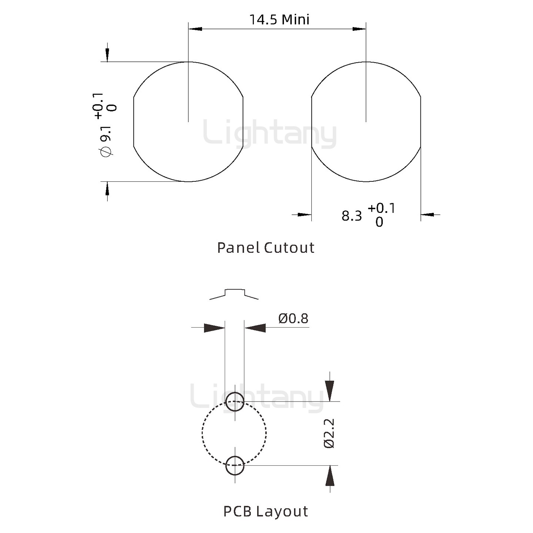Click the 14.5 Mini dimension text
(279, 19)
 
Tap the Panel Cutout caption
(266, 248)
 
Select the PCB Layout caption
(265, 512)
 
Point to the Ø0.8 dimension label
(293, 318)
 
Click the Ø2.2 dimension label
(329, 433)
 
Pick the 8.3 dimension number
(352, 216)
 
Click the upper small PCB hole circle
(235, 401)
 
